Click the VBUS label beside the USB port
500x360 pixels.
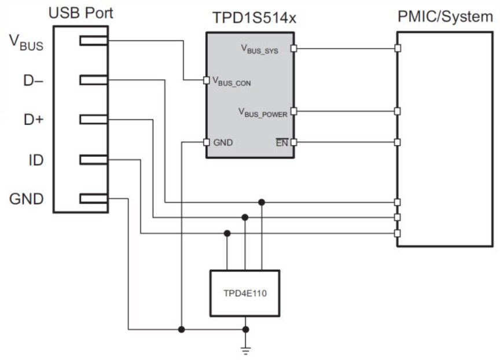[x=26, y=42]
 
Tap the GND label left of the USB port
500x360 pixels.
[x=27, y=199]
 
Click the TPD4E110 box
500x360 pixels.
[x=245, y=293]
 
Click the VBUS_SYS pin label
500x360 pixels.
[x=259, y=50]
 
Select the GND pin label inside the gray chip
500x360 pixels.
[x=223, y=142]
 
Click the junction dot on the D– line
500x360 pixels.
[x=262, y=202]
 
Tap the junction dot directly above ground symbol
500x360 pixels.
[x=245, y=329]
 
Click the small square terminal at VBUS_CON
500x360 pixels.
[x=206, y=80]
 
